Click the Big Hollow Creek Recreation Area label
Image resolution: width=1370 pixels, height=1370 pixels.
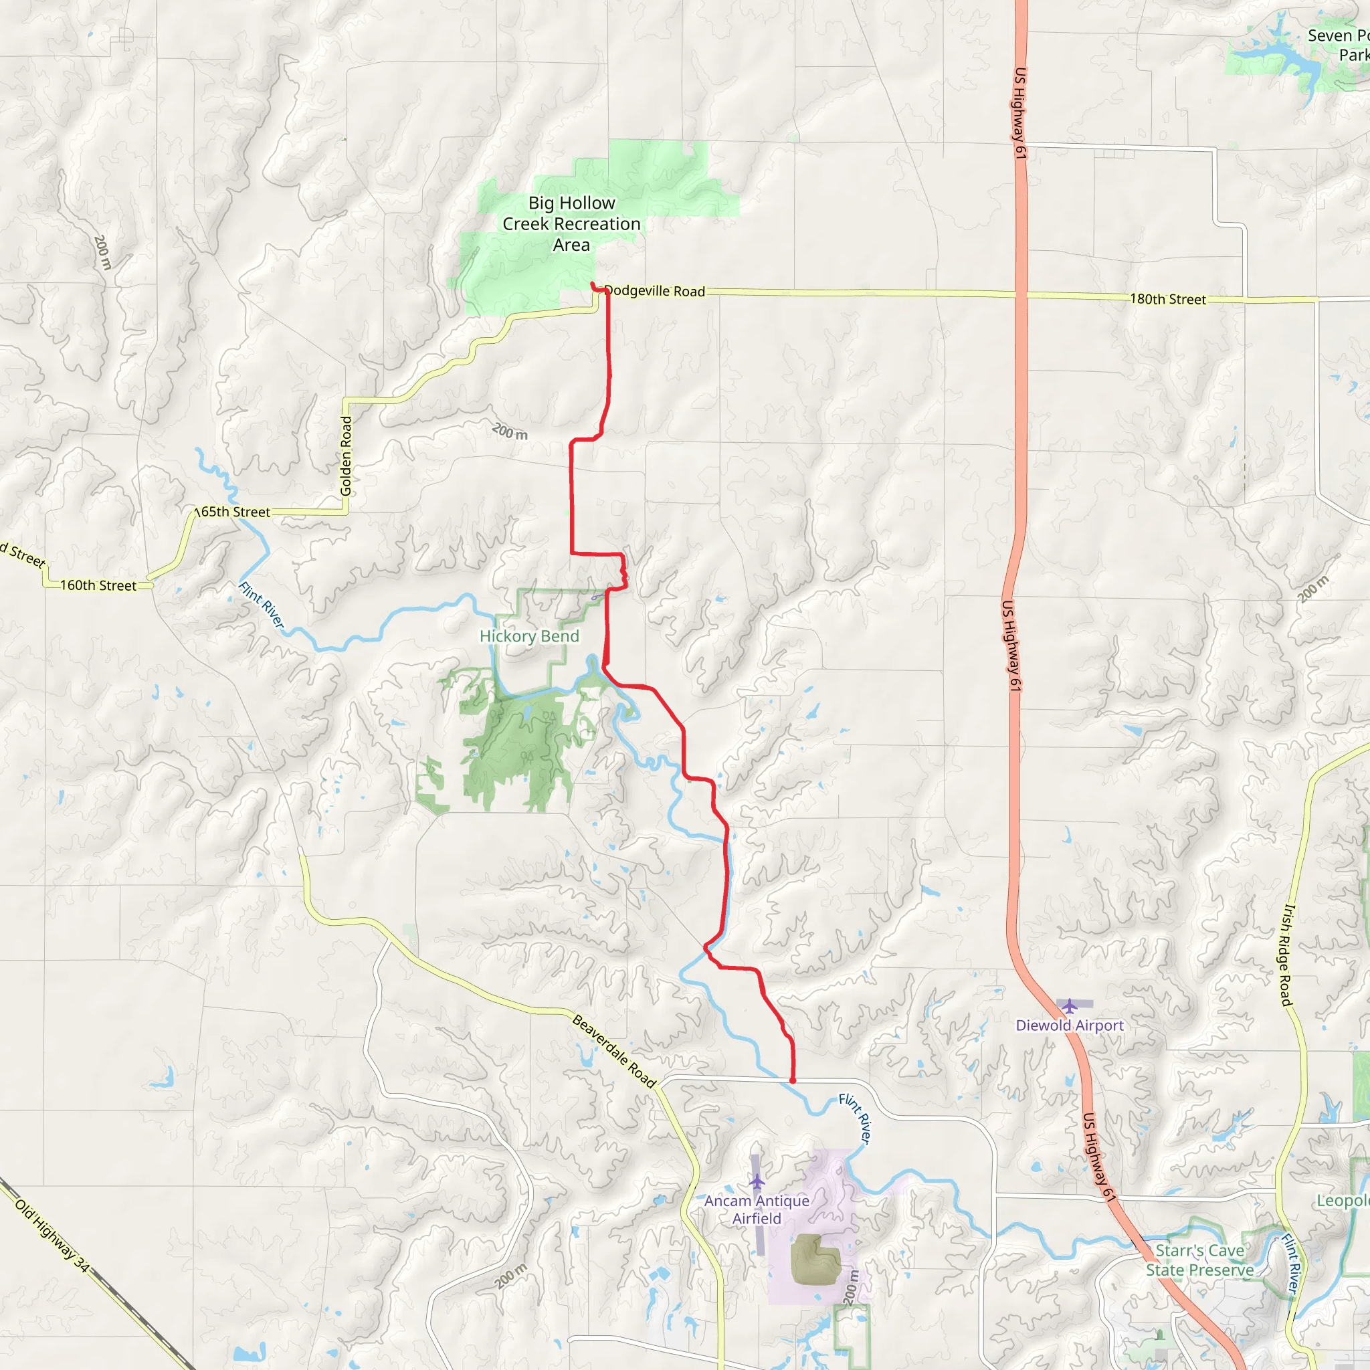click(571, 223)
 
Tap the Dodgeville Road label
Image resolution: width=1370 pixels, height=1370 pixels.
click(654, 291)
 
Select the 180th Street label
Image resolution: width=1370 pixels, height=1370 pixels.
click(1167, 299)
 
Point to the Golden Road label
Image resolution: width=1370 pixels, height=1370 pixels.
click(346, 456)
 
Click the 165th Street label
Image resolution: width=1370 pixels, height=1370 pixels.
click(233, 512)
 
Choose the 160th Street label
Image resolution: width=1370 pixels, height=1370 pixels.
click(98, 585)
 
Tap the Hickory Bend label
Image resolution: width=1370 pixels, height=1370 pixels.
click(529, 636)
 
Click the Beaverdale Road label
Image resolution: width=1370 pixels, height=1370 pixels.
click(614, 1052)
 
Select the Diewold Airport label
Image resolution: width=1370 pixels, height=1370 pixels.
click(1070, 1025)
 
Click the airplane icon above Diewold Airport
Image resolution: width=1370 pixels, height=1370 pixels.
click(1070, 1005)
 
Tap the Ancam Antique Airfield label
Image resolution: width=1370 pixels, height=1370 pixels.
click(757, 1209)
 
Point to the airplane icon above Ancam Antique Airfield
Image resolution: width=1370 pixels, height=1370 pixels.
click(757, 1181)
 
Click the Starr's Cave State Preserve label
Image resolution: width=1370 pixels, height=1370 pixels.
click(1199, 1260)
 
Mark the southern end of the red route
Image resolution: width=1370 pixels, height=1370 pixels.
click(792, 1081)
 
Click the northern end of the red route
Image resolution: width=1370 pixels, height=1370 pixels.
click(592, 284)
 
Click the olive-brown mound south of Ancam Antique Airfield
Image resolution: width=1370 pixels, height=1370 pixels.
click(815, 1260)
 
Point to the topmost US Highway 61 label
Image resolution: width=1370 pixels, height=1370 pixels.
click(1019, 114)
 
